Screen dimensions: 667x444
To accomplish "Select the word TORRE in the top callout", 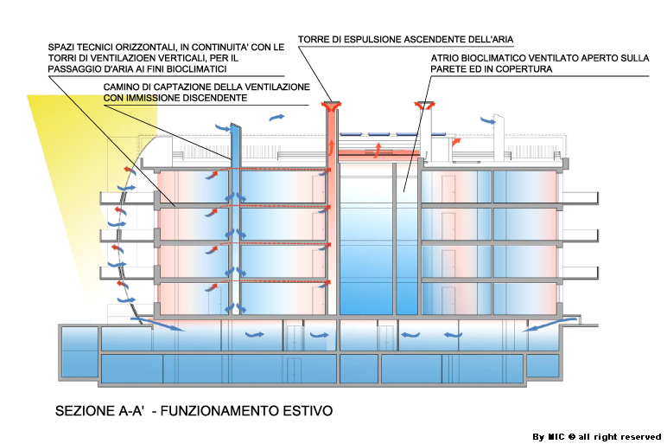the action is (x=313, y=40).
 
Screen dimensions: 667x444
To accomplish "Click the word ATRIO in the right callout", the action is (x=444, y=58).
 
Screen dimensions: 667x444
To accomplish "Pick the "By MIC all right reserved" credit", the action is (x=597, y=437).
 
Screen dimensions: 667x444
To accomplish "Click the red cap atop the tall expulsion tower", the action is (x=331, y=106).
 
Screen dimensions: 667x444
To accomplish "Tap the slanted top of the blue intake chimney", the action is (x=236, y=127).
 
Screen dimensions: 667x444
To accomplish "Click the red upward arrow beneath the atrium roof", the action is (x=378, y=151).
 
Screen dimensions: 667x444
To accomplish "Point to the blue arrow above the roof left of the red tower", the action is (x=276, y=117).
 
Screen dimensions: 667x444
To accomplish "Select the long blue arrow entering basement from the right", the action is (x=549, y=324).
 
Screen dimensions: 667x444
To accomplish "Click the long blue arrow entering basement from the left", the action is (x=157, y=324).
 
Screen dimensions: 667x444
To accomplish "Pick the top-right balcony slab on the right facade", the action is (x=581, y=197).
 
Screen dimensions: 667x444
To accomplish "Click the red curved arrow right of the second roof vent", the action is (x=455, y=141).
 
